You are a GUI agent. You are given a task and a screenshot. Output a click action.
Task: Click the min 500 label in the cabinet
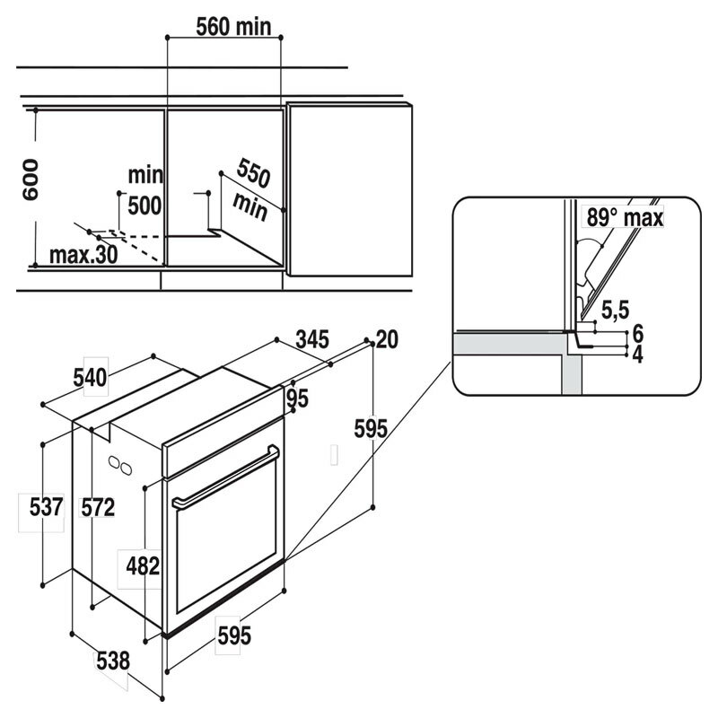(x=144, y=190)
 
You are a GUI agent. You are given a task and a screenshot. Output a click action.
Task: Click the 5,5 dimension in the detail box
(x=614, y=311)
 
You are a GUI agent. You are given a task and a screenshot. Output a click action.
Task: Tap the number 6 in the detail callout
(x=637, y=333)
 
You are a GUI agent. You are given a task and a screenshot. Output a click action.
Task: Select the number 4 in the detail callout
(x=637, y=354)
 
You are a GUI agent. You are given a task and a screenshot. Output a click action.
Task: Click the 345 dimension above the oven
(x=312, y=339)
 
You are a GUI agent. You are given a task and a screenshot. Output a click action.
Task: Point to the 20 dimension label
(x=388, y=339)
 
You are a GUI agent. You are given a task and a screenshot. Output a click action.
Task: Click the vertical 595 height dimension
(x=371, y=429)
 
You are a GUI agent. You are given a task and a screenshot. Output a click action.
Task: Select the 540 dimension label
(x=90, y=378)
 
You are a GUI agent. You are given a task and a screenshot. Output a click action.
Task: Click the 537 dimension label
(x=45, y=507)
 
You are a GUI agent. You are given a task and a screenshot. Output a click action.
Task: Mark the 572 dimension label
(x=97, y=507)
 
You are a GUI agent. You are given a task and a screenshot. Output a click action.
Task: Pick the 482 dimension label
(x=142, y=566)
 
